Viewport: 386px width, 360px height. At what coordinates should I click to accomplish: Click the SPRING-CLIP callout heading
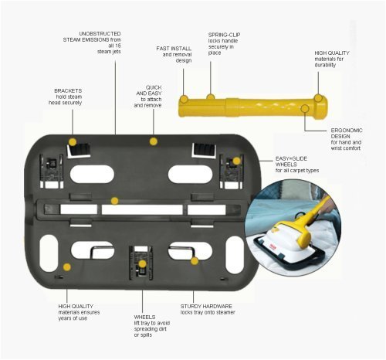coord(224,35)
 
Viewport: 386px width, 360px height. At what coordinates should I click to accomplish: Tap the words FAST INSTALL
coord(174,49)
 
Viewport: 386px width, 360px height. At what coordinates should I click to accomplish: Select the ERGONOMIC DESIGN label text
coord(347,133)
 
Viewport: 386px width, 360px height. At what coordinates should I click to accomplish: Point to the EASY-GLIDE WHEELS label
coord(291,161)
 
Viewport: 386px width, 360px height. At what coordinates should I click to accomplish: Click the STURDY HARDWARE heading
coord(206,306)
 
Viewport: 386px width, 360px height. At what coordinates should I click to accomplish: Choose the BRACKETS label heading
coord(68,90)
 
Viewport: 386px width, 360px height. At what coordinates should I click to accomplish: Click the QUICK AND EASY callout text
coord(149,90)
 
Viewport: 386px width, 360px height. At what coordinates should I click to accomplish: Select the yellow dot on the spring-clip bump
coord(211,97)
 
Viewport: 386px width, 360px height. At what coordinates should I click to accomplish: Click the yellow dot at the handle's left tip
coord(184,99)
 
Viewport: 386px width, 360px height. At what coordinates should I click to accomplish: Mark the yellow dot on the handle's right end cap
coord(318,98)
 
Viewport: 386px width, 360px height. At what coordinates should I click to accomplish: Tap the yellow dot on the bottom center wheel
coord(142,264)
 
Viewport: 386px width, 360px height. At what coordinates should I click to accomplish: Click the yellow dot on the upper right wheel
coord(236,161)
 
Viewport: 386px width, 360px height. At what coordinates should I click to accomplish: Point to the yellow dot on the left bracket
coord(73,142)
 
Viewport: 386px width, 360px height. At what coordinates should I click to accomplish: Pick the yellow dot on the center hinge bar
coord(114,201)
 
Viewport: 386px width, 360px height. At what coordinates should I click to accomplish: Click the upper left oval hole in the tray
coord(92,174)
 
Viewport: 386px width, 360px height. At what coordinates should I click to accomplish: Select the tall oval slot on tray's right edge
coord(235,255)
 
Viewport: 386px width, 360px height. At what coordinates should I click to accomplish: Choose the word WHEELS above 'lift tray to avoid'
coord(144,317)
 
